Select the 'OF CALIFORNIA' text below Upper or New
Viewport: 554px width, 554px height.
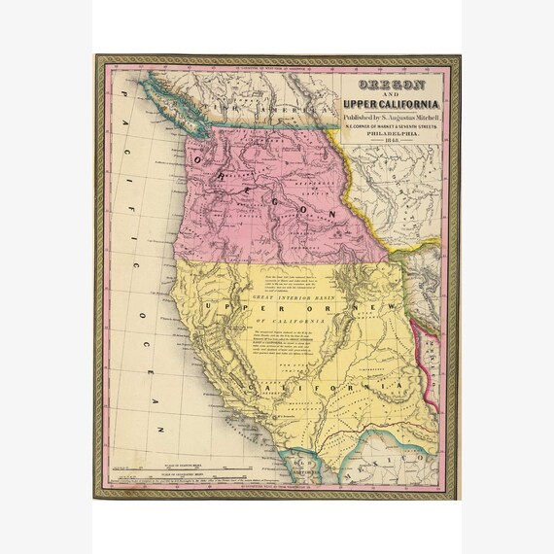click(292, 323)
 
